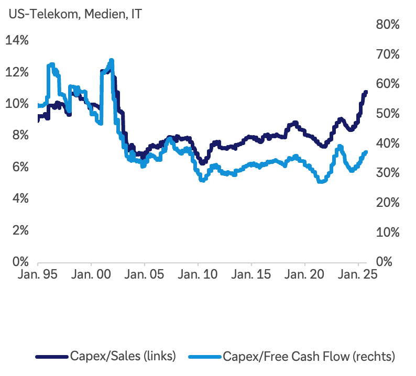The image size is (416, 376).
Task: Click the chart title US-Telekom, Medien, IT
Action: pos(75,15)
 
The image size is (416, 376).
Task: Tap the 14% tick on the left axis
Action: pos(17,41)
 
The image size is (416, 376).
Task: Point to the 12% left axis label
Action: pos(17,72)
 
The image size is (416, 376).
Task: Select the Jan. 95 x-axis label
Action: pos(37,274)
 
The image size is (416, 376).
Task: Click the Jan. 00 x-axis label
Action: pos(91,274)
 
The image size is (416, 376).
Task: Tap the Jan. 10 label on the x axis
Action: pos(198,274)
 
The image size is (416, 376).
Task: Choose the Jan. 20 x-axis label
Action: pos(304,274)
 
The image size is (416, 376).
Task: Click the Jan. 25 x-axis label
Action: pos(358,274)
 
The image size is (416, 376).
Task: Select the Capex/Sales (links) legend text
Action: pos(123,356)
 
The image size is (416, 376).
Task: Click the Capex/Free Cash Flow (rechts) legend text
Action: pos(309,356)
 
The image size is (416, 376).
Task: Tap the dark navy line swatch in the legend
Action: pos(52,357)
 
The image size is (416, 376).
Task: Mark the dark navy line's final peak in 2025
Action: pos(366,92)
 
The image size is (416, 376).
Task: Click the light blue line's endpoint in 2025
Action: pos(366,152)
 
